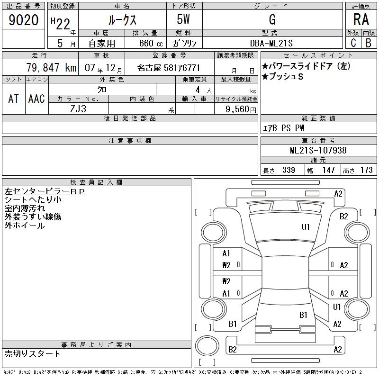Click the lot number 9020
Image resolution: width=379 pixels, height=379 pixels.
tap(23, 20)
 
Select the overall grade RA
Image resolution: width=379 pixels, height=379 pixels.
tap(361, 19)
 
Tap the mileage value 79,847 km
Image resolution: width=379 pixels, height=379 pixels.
tap(51, 67)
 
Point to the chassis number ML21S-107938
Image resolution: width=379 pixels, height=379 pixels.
tap(318, 150)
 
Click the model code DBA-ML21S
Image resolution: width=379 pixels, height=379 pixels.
tap(271, 43)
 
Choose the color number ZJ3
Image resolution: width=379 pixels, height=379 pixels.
tap(78, 109)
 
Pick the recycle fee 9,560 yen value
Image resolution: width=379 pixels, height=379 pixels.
tap(241, 109)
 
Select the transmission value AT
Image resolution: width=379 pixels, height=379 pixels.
tap(14, 99)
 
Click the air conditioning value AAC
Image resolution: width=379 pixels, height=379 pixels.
tap(36, 99)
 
